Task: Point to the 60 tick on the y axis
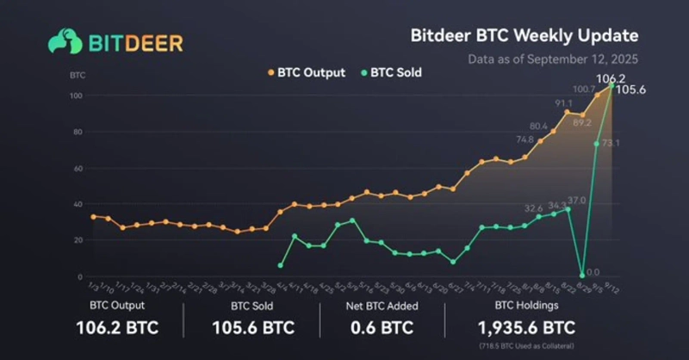pos(78,169)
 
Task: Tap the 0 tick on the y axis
pos(80,277)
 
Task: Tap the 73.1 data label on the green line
pos(611,142)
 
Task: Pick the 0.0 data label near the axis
pos(593,272)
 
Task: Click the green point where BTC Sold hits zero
pos(582,275)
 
